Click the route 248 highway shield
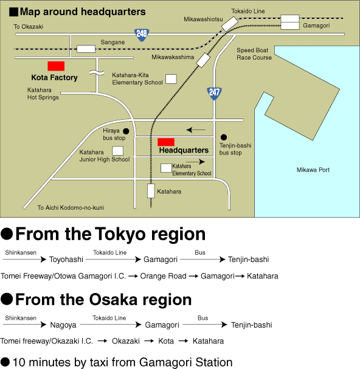click(x=142, y=35)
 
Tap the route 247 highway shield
click(x=214, y=93)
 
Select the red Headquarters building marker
click(x=166, y=142)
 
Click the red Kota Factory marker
click(x=56, y=66)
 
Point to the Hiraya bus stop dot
click(x=126, y=131)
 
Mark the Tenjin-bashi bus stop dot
click(x=224, y=137)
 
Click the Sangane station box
click(x=86, y=49)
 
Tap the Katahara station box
click(x=151, y=191)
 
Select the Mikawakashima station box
click(x=203, y=60)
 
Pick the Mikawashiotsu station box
click(x=230, y=24)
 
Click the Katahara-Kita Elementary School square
click(x=171, y=79)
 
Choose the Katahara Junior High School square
click(x=118, y=151)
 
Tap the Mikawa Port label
click(x=313, y=170)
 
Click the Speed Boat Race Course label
click(x=254, y=54)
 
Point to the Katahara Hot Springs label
click(x=43, y=94)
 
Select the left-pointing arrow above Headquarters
click(x=196, y=129)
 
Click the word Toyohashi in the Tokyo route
click(x=66, y=260)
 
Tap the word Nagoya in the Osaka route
click(x=63, y=325)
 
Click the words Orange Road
click(x=163, y=276)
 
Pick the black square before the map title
click(x=13, y=12)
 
